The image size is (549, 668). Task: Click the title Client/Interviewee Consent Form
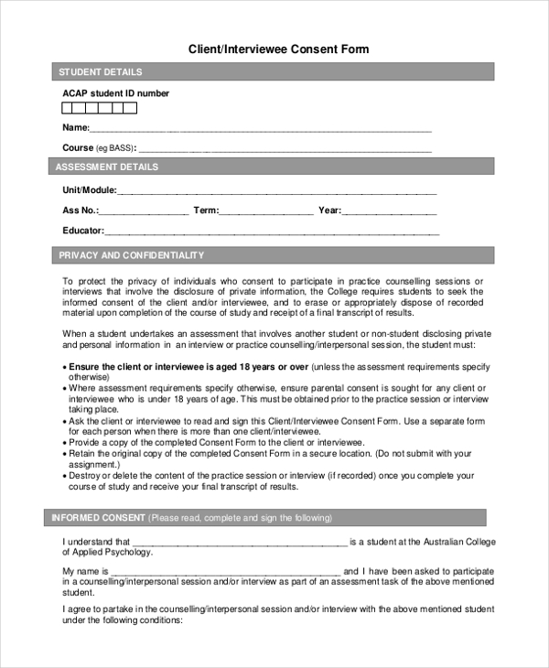pos(278,48)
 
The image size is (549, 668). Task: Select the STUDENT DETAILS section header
pos(100,72)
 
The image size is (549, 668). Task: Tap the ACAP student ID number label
pos(115,93)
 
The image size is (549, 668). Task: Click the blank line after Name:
pos(260,129)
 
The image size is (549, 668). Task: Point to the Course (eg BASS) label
pos(98,147)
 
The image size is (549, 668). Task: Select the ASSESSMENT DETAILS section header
pos(106,167)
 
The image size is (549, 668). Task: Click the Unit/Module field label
pos(89,190)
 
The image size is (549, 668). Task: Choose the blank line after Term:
pos(266,212)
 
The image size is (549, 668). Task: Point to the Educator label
pos(82,231)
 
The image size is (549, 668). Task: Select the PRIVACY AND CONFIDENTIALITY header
pos(131,255)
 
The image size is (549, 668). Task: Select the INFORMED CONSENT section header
pos(91,518)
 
